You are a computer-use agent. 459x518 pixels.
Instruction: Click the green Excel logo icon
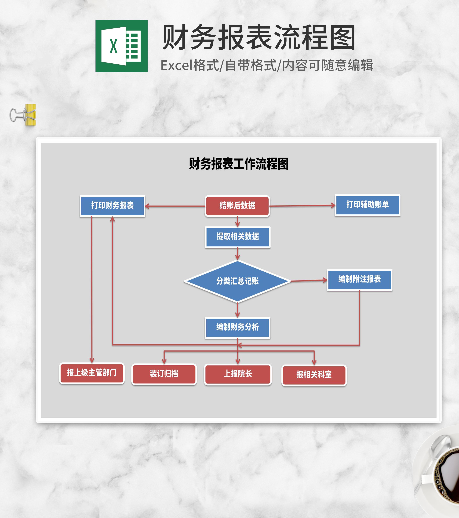[121, 46]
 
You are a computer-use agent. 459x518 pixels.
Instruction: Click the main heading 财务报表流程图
[259, 37]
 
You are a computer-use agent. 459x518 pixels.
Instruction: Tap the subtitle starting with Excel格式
[267, 65]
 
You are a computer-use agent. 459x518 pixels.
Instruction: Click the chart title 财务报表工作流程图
[238, 164]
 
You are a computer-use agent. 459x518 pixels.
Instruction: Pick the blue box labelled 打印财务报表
[112, 206]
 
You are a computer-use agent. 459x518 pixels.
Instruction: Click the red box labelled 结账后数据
[237, 206]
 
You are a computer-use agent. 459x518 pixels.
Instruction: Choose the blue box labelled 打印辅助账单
[368, 205]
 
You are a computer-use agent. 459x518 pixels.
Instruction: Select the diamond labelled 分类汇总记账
[237, 281]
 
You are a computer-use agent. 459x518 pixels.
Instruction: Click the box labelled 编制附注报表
[359, 280]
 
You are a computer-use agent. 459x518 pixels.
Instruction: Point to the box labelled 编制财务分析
[237, 327]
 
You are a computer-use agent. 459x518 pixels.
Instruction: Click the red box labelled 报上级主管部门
[92, 373]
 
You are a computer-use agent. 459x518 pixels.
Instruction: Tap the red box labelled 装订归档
[164, 374]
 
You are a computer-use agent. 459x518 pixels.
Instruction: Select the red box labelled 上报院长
[238, 374]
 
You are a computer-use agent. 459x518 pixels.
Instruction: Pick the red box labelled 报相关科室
[314, 375]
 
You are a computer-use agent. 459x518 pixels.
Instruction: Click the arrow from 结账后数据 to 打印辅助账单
[302, 206]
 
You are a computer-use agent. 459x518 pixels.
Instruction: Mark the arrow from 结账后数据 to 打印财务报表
[175, 206]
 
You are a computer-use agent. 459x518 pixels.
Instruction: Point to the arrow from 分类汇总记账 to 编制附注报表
[309, 280]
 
